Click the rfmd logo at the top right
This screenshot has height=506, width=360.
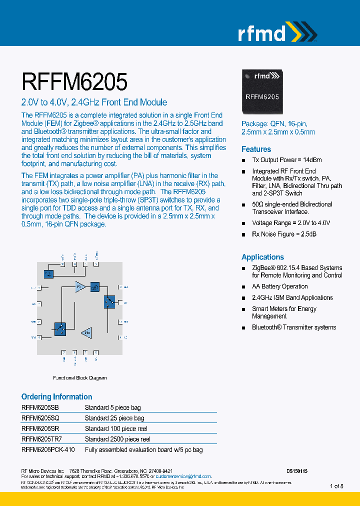pos(276,32)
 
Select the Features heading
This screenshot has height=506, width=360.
pos(256,149)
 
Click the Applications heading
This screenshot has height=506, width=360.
pos(262,257)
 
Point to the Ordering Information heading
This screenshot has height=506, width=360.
pos(56,396)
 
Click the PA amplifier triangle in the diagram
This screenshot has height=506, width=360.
pos(79,286)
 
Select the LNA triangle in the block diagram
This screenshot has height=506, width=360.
pos(86,332)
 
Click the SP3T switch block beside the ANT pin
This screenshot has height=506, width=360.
pos(109,301)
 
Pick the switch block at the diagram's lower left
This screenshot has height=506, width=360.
pos(60,328)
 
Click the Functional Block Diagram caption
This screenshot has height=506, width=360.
pos(79,378)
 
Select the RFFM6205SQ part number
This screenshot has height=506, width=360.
pos(40,418)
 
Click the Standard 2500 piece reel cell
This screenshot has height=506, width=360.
pos(117,439)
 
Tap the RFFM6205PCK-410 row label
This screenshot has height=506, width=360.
pos(48,449)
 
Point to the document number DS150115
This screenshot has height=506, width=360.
pos(297,471)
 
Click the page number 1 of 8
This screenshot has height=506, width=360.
pos(336,485)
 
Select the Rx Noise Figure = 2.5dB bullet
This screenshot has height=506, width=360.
pos(284,234)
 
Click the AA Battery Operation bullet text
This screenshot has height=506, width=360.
pos(279,286)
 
